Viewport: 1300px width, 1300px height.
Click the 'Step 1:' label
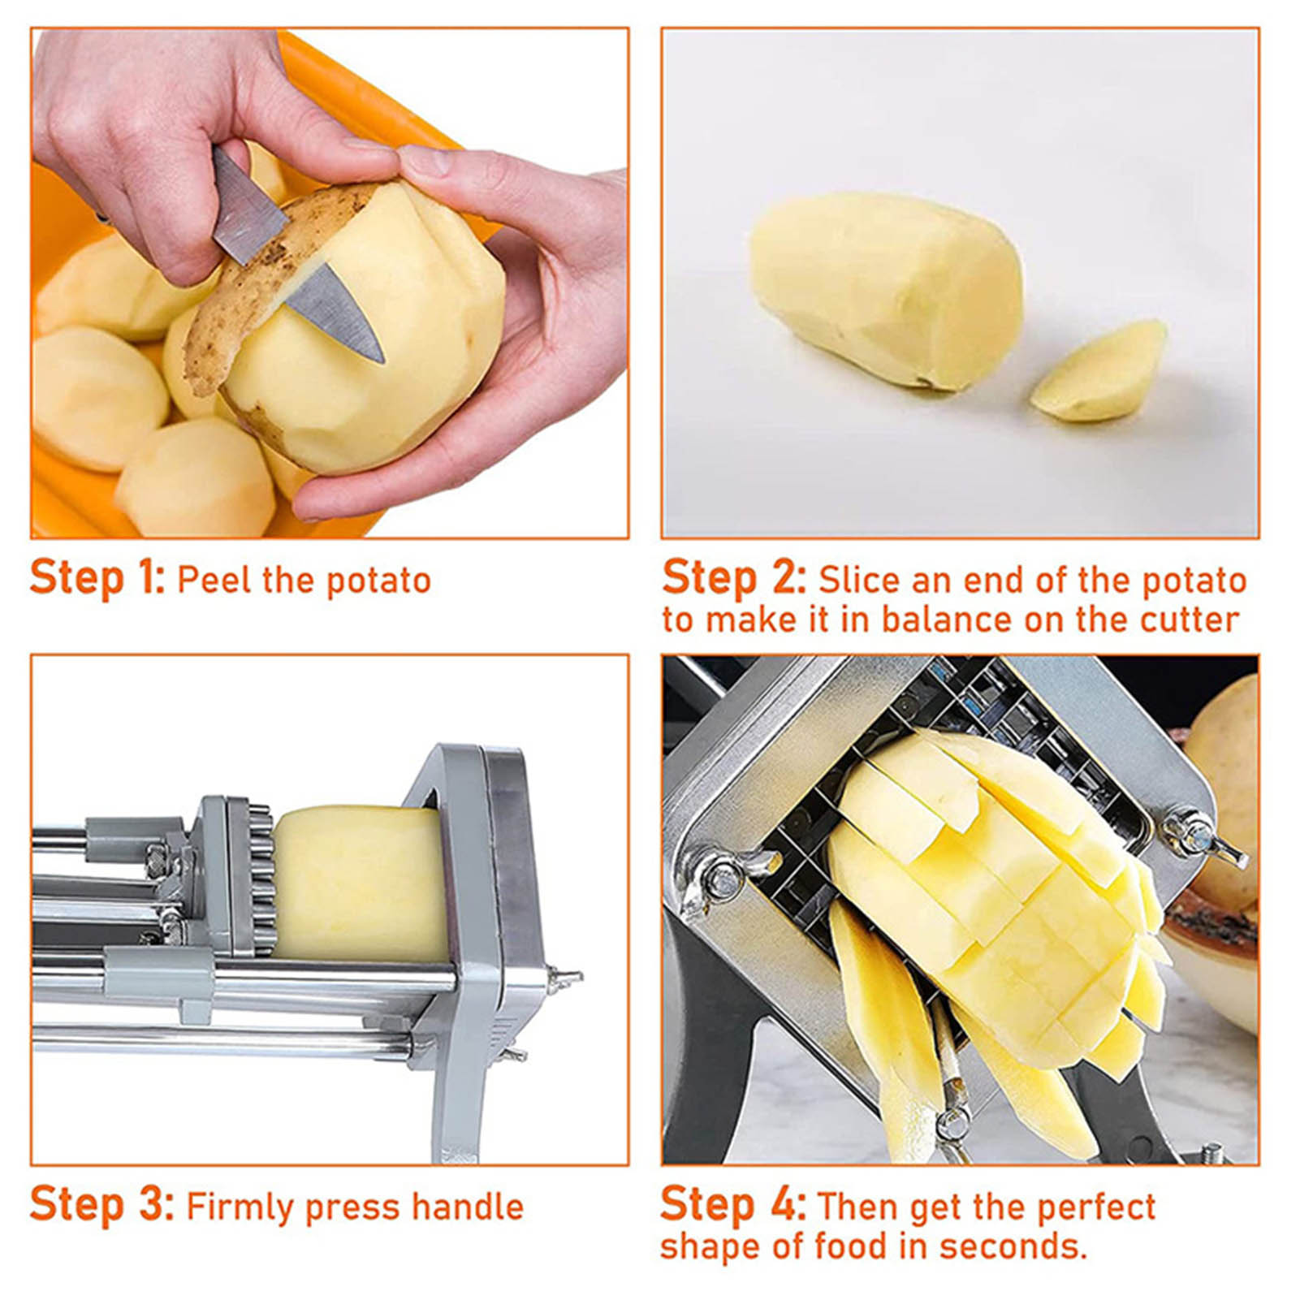(97, 578)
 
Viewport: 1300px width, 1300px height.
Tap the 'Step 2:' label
(733, 578)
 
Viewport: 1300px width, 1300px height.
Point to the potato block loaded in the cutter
(360, 883)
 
